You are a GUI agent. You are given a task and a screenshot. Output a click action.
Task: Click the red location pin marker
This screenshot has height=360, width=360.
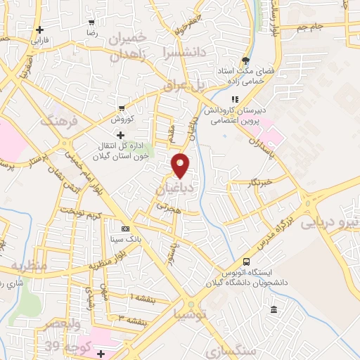point(181,165)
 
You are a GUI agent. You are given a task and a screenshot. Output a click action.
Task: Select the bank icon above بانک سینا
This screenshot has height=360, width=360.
point(125,229)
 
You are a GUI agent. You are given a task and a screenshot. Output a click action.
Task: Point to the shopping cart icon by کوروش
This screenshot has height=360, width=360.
point(122,108)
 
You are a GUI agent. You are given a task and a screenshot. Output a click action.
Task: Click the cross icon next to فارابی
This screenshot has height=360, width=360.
point(41,30)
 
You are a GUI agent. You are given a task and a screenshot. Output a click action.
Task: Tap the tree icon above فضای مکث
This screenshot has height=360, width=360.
point(245,60)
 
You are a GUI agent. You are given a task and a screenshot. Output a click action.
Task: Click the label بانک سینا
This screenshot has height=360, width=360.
point(124,240)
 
